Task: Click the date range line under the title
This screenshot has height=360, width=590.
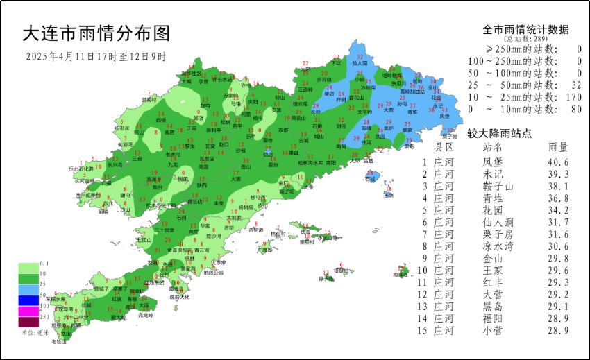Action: point(96,56)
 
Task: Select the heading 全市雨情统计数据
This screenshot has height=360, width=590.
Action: point(525,30)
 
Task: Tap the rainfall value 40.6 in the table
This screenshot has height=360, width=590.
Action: point(558,162)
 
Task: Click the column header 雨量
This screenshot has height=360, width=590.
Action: point(558,147)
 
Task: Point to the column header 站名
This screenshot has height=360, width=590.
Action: point(492,147)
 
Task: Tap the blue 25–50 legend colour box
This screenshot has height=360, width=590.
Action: point(28,288)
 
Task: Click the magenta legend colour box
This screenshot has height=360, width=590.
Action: point(28,311)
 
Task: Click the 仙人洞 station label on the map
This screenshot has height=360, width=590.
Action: point(359,62)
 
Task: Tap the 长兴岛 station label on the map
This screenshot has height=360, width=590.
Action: point(114,165)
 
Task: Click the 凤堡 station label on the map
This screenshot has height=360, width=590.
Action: point(444,116)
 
